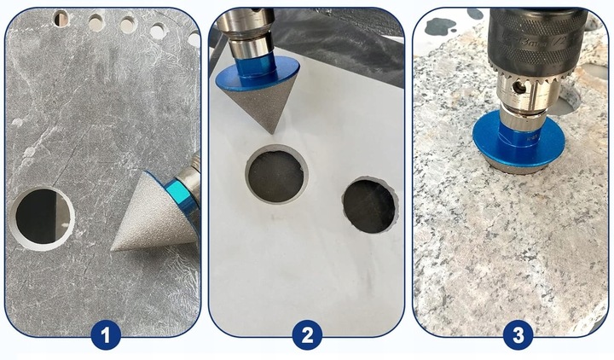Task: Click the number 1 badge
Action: tap(106, 335)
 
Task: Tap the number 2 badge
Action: tap(307, 335)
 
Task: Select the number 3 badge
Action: tap(518, 335)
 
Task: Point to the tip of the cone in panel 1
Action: tap(112, 250)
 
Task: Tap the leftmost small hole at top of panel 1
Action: tap(61, 18)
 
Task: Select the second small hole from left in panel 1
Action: tap(96, 23)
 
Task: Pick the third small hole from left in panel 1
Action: tap(129, 25)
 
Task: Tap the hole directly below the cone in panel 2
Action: tap(276, 175)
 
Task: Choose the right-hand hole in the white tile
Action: tap(369, 206)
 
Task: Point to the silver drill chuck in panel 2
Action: tap(246, 29)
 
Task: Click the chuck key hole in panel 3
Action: tap(519, 88)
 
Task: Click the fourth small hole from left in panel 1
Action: tap(158, 32)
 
